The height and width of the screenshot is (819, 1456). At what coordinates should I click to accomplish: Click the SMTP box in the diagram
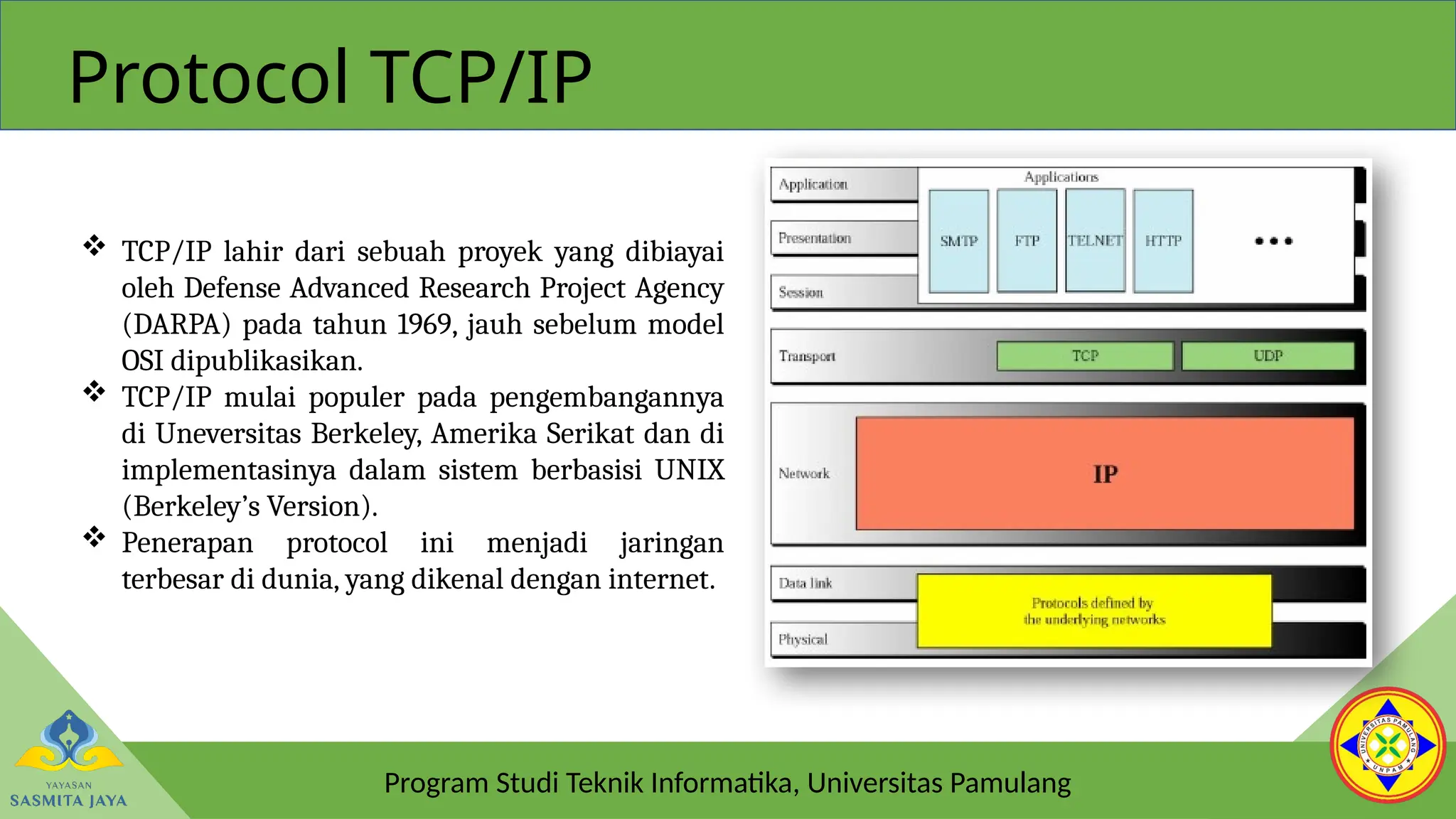coord(958,241)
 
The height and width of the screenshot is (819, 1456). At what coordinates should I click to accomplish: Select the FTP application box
coord(1027,241)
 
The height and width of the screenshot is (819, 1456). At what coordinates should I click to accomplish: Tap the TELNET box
coord(1095,241)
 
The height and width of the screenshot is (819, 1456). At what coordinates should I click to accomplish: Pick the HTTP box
coord(1163,241)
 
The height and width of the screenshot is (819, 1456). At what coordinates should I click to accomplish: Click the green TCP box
coord(1085,355)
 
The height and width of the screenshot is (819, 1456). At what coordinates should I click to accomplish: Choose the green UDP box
coord(1268,355)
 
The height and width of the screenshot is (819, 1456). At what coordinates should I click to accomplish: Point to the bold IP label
coord(1105,473)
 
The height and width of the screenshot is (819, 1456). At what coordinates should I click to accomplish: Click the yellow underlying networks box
coord(1094,611)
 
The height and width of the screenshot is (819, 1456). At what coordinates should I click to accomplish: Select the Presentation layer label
coord(815,238)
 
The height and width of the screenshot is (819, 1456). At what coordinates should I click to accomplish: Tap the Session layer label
coord(801,292)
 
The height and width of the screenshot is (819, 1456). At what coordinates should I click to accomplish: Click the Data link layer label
coord(805,583)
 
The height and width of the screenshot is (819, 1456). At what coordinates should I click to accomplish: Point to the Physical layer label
coord(803,639)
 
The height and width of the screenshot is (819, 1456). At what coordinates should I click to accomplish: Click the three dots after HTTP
coord(1273,241)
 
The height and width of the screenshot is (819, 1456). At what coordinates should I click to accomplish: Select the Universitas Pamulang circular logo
coord(1387,745)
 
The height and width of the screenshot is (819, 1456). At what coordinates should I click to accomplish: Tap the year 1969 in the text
coord(424,325)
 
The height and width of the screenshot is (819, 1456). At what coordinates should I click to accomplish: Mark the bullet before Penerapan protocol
coord(94,537)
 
